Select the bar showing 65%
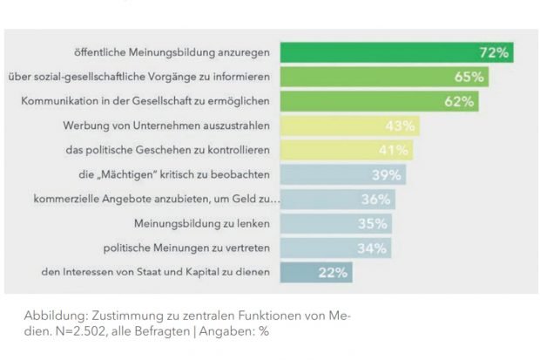(384, 77)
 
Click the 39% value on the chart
(386, 174)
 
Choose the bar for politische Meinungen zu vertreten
(335, 248)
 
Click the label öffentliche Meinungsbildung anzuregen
(172, 52)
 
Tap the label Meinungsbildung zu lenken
(201, 223)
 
